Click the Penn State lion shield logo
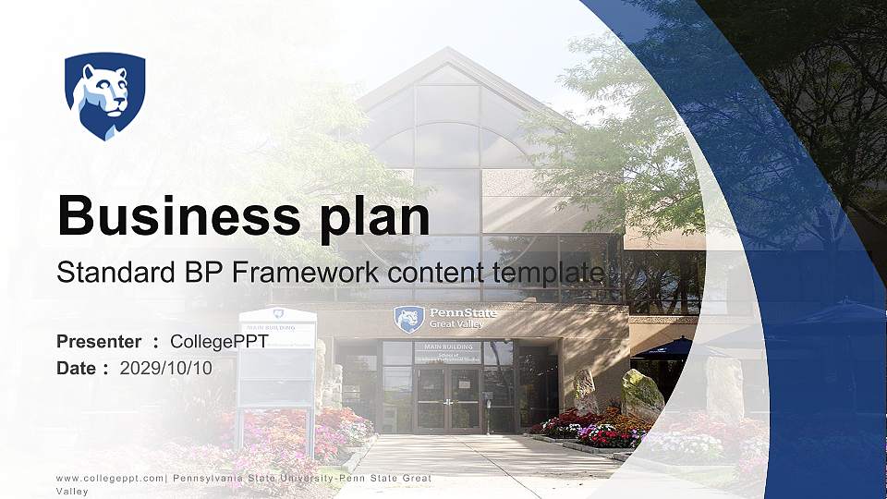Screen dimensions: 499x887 (104, 95)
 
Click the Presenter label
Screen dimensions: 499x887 (99, 342)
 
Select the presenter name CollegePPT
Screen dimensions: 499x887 (219, 342)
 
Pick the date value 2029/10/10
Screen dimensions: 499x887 (166, 368)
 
